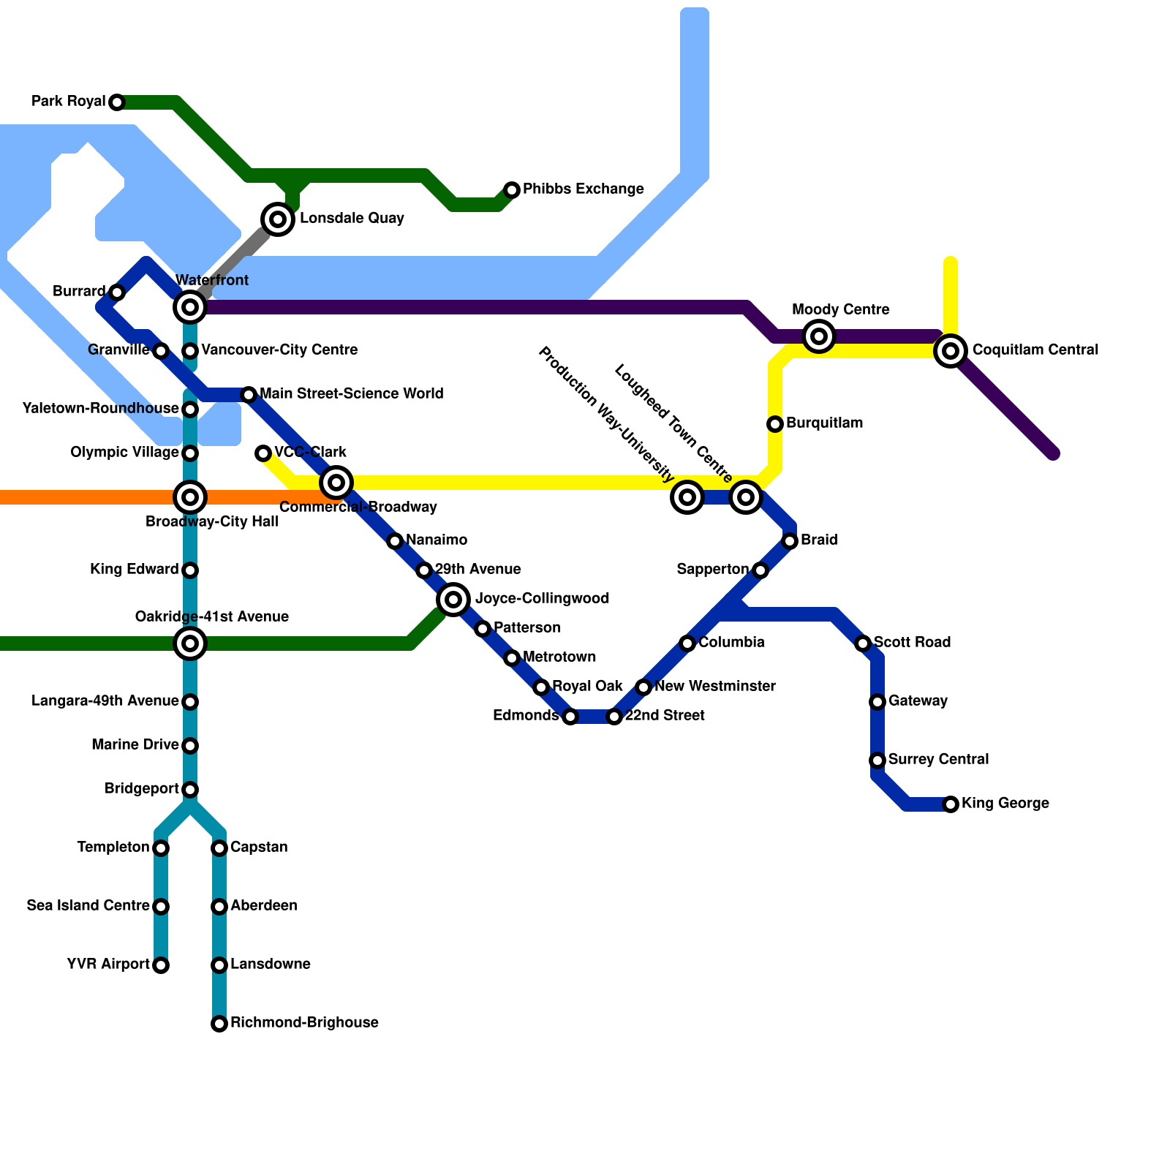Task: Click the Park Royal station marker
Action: pos(117,102)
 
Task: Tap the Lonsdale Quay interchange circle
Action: pos(278,219)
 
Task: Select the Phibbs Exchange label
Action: pos(583,189)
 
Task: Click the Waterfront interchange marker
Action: pos(190,307)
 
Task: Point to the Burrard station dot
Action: pos(117,292)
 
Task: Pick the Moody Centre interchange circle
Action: pos(819,336)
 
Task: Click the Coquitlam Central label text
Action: pos(1035,350)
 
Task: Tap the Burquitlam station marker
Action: pos(775,424)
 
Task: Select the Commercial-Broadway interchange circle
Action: pos(336,483)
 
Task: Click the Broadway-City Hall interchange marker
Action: pos(190,497)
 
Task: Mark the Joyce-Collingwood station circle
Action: pos(453,600)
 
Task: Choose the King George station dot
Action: pos(951,804)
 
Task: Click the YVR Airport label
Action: pos(108,965)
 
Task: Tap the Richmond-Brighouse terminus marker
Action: pos(219,1024)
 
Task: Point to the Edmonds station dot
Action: pos(570,717)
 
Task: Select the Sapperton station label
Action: pos(712,570)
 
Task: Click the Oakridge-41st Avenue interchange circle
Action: pos(190,643)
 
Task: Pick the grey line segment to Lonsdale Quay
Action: pos(238,260)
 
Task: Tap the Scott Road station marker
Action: pos(863,643)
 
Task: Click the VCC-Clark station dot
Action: pos(263,453)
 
